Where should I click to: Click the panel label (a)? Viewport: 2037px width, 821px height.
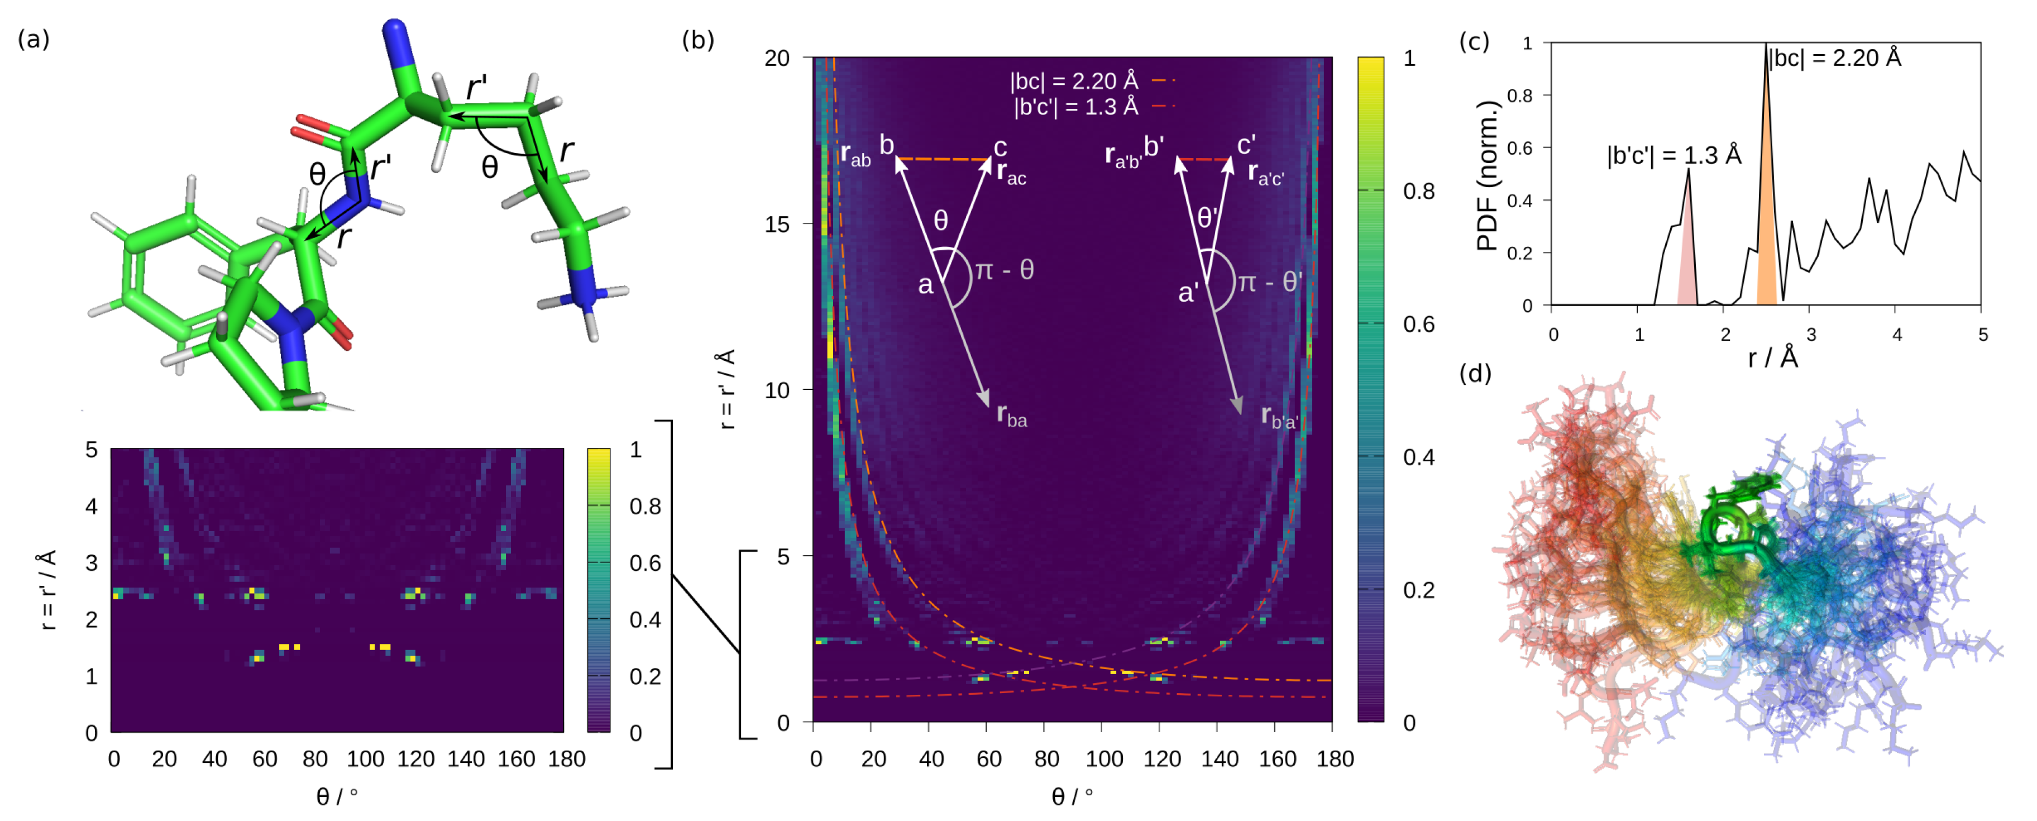point(33,39)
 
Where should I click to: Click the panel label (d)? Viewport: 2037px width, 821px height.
point(1475,373)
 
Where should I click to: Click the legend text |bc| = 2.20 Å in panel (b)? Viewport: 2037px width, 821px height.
point(1073,80)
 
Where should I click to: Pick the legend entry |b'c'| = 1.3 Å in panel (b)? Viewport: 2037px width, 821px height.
point(1075,107)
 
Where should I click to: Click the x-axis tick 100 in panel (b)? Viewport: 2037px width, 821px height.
point(1104,760)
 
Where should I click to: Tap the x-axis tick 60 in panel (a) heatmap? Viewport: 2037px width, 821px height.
point(264,760)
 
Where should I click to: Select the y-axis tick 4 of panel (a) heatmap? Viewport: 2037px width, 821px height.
point(92,506)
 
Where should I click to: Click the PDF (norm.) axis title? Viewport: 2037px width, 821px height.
point(1488,175)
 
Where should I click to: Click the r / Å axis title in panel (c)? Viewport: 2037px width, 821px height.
point(1773,359)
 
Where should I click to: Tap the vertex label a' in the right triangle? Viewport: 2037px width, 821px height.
point(1188,293)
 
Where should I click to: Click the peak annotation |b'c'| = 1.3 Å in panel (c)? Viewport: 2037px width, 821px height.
point(1673,155)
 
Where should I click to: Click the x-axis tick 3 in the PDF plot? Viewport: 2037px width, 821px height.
point(1811,335)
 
